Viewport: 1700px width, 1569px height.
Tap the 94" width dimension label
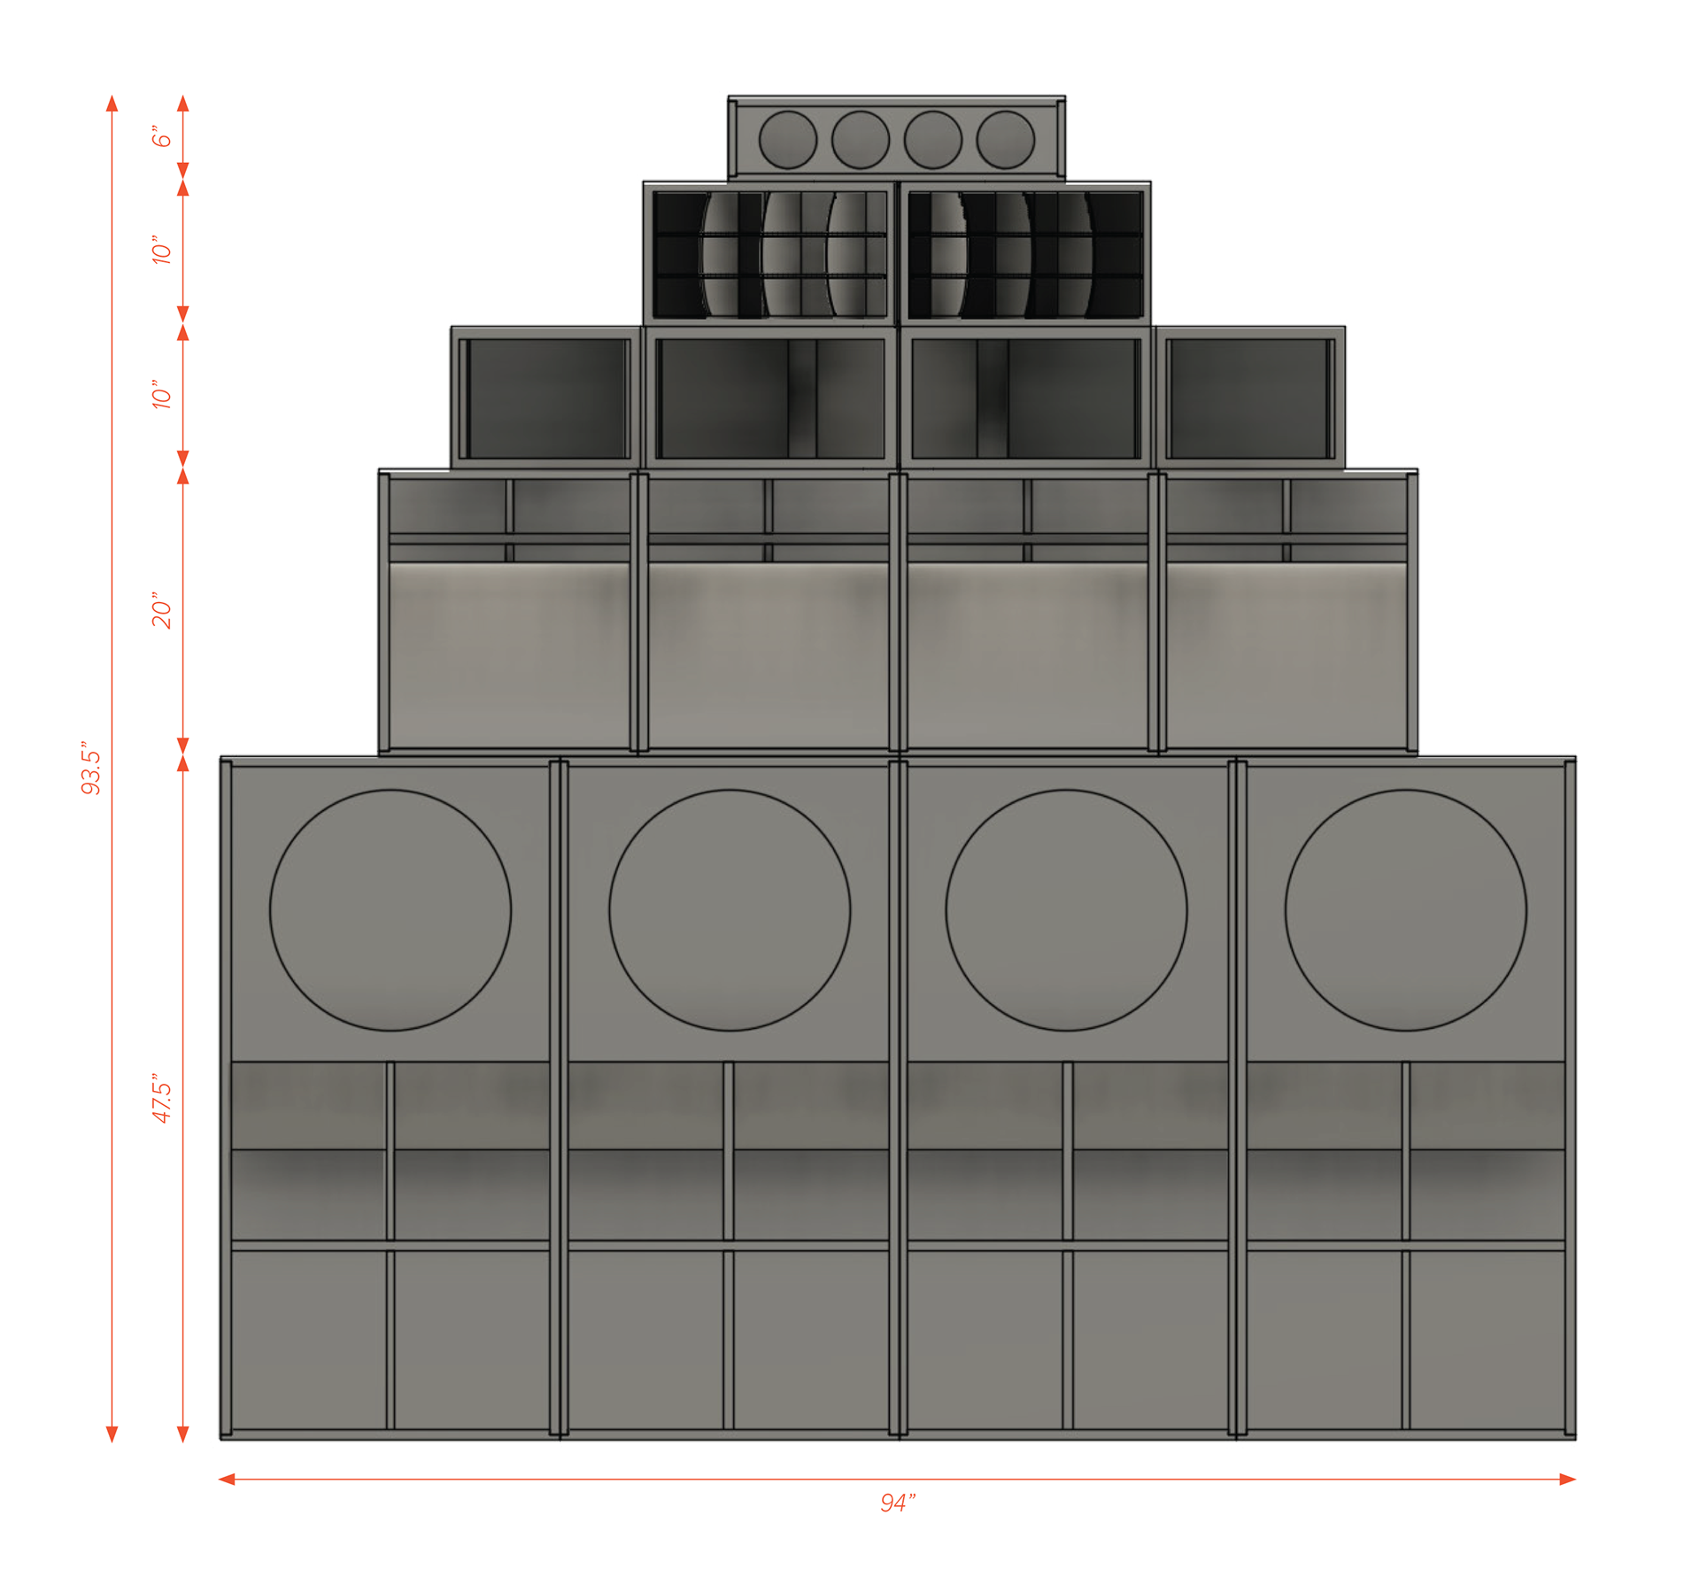[x=897, y=1503]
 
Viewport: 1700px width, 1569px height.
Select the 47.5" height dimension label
[x=161, y=1101]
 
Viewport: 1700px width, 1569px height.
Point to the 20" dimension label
[x=161, y=610]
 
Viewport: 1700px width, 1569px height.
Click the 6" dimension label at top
[x=161, y=136]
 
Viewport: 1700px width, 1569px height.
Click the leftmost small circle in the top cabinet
[x=788, y=140]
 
